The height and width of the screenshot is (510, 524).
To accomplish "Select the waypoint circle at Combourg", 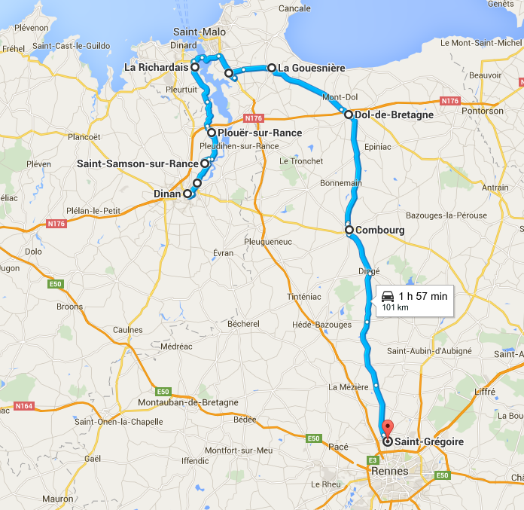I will tap(349, 230).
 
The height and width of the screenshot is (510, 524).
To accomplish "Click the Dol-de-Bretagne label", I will tap(394, 115).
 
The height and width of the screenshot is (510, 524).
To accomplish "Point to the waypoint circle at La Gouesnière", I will tap(272, 68).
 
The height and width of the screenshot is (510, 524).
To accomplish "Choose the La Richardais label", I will tap(156, 67).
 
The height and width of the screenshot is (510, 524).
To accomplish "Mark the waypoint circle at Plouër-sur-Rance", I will tap(212, 133).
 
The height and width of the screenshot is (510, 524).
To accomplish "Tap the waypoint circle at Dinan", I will tap(187, 194).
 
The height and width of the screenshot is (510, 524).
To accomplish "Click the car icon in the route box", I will tap(388, 296).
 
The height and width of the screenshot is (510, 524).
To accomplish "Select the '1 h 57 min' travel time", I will tap(423, 296).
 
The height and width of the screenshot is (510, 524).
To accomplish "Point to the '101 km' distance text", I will tap(395, 307).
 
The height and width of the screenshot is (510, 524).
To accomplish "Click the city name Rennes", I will tap(390, 472).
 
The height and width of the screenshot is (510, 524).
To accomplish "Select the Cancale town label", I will tap(294, 8).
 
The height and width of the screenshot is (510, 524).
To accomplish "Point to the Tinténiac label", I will tap(303, 297).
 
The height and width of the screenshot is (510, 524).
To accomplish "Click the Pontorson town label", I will tap(484, 111).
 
